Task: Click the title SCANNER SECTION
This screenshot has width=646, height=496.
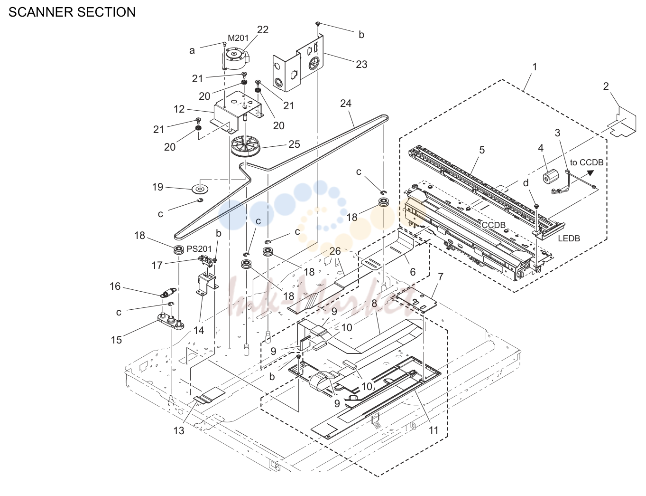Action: [72, 12]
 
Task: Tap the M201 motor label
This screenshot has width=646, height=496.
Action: [238, 38]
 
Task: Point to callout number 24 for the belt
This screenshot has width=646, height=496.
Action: [346, 103]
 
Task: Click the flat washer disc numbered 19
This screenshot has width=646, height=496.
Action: [200, 189]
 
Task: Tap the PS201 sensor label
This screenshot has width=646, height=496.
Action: [199, 248]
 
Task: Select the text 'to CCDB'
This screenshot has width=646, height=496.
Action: [586, 162]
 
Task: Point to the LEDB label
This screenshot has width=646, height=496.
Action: [569, 238]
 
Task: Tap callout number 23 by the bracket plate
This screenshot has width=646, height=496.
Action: [361, 64]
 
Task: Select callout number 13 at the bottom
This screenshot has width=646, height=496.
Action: [179, 430]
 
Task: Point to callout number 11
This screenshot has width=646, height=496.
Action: [434, 430]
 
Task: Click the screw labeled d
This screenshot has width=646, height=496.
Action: [536, 206]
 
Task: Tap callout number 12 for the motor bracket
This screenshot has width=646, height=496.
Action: [179, 109]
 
